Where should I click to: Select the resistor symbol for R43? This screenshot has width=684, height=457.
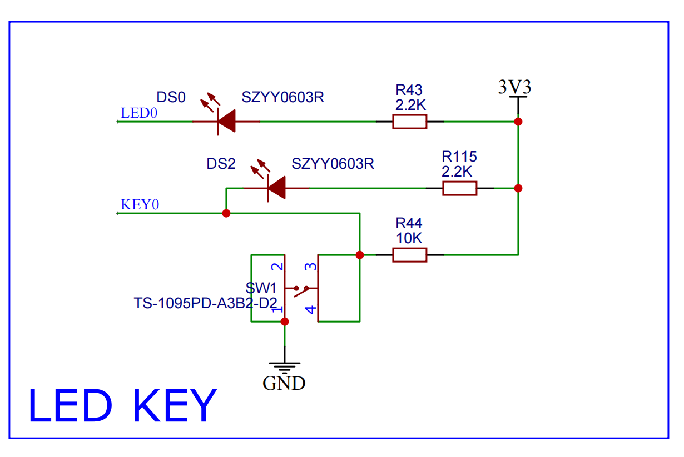(410, 121)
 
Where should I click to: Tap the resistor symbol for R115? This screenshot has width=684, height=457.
(460, 188)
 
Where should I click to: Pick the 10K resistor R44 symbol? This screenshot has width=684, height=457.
(410, 255)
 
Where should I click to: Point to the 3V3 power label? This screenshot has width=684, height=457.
(514, 87)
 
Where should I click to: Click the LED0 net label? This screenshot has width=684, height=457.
(139, 114)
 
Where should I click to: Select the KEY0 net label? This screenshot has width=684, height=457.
(140, 204)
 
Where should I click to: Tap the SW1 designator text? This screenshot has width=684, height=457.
(261, 288)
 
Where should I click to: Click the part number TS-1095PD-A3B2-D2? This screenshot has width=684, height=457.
(205, 303)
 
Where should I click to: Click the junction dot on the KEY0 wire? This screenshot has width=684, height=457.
(226, 213)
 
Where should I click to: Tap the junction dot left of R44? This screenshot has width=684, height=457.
(360, 255)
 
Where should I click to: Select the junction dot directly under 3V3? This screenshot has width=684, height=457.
(518, 121)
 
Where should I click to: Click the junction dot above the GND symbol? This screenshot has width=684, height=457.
(285, 322)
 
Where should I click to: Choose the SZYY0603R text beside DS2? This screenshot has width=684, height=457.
(333, 164)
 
